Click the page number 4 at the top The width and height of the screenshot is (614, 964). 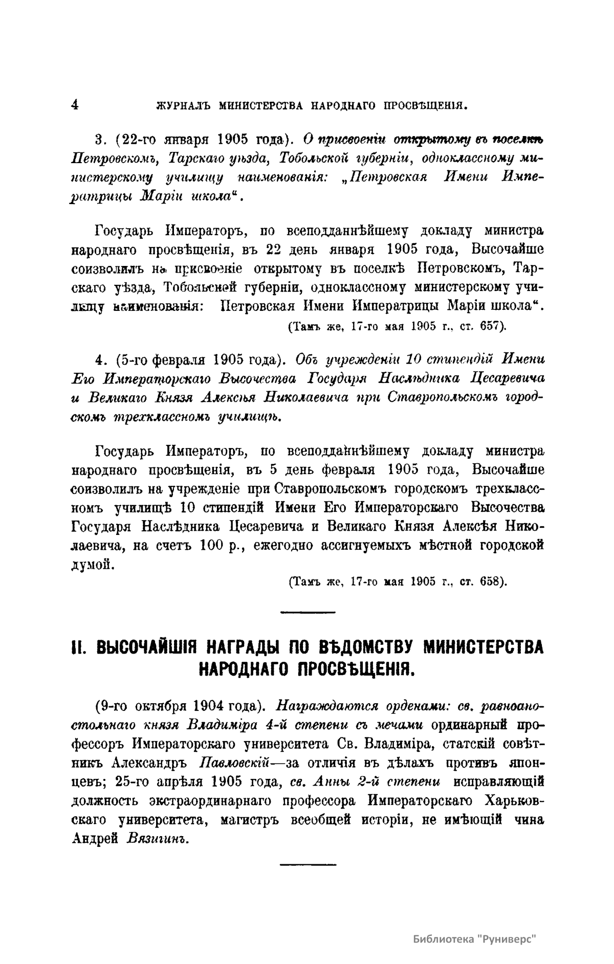(x=75, y=104)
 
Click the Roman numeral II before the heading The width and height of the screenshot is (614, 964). (x=78, y=647)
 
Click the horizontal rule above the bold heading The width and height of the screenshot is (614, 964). (x=308, y=612)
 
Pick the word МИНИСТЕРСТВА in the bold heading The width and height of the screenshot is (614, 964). (x=485, y=647)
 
